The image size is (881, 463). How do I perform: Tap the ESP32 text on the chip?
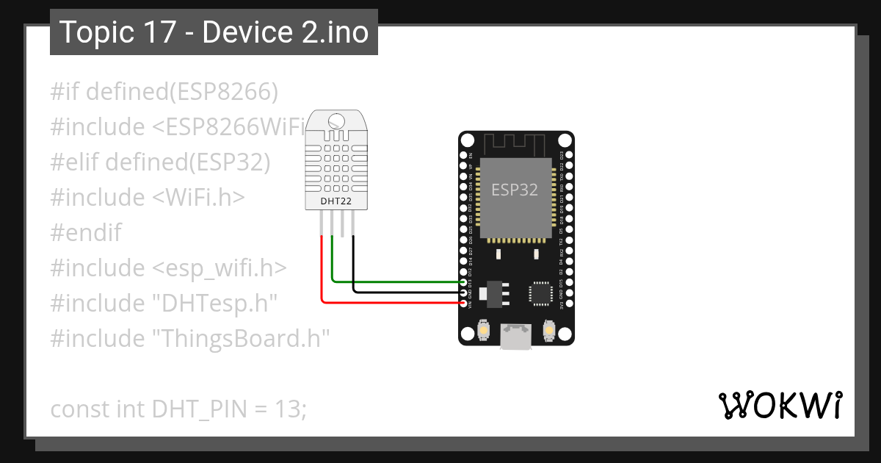coord(515,190)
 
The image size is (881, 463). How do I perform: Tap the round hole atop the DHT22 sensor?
coord(336,121)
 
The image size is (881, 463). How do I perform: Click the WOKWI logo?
coord(780,405)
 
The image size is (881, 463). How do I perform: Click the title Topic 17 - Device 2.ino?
coord(214,32)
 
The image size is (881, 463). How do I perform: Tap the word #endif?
coord(86,233)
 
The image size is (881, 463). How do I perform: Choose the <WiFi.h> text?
coord(198,198)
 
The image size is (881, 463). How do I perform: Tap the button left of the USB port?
coord(484,331)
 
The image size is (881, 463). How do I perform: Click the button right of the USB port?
coord(548,331)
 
